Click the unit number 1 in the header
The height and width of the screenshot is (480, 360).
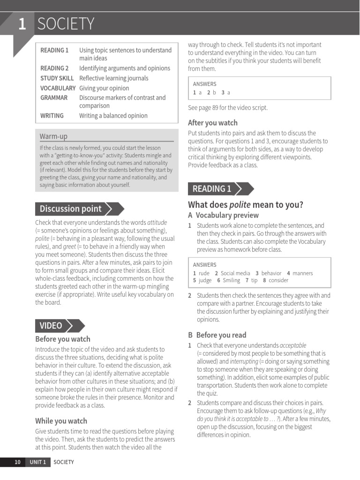pos(22,24)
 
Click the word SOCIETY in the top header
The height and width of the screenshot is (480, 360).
pos(66,24)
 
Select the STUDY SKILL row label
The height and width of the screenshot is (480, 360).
pos(57,78)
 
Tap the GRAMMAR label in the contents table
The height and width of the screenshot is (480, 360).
pos(54,97)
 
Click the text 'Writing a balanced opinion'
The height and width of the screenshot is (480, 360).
pos(113,115)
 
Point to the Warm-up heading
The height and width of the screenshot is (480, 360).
pos(53,136)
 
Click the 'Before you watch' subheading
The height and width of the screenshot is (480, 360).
pos(63,339)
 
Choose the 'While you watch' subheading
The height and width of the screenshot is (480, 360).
pos(61,420)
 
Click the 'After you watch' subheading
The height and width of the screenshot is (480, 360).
pos(212,123)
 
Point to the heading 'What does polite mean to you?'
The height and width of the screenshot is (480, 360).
pos(245,205)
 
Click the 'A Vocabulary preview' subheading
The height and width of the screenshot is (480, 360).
pos(223,215)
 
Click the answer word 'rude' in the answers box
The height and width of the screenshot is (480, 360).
pos(204,273)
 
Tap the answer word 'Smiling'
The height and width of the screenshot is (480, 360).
pos(231,280)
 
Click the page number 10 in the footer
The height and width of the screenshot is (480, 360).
pos(17,462)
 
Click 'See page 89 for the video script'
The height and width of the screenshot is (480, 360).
pos(228,107)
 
